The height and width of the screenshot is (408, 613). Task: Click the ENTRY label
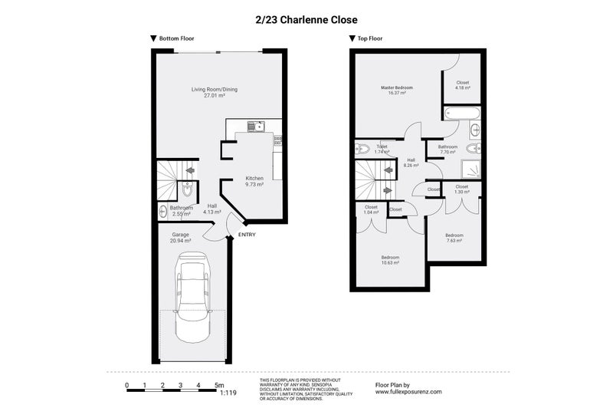point(247,235)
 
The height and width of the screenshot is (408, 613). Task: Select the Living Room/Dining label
point(215,93)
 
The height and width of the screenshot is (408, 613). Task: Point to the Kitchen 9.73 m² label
point(254,181)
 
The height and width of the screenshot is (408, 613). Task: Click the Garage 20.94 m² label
point(180,238)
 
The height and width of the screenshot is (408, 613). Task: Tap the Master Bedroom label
point(397,90)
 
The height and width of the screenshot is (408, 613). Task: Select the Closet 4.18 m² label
point(462,85)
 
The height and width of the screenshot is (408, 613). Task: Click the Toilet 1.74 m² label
point(382,149)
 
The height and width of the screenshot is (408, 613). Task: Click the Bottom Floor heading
point(173,38)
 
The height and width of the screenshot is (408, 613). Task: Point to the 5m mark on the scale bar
point(218,384)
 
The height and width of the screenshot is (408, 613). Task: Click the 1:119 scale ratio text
point(228,393)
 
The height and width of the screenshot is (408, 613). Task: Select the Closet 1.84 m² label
point(371,209)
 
